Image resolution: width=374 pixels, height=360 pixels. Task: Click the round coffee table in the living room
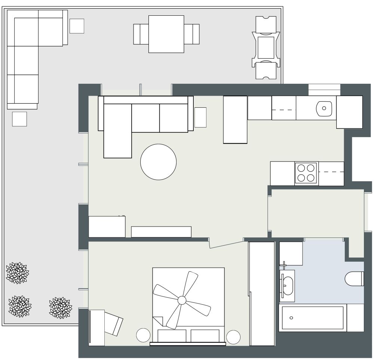pos(158,162)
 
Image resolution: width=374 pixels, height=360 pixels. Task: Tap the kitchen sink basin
pos(324,108)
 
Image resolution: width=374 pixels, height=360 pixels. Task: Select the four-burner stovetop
pos(306,173)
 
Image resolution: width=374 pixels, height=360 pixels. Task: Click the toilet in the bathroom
pos(354,279)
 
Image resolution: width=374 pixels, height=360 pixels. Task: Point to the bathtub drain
pos(291,318)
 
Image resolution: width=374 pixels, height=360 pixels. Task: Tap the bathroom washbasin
pos(287,285)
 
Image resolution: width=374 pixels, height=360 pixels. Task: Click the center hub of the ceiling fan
pos(182,300)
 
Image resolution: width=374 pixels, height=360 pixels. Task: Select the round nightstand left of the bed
pos(143,335)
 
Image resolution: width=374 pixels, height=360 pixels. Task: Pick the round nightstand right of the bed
pos(233,337)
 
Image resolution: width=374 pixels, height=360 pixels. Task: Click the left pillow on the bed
pos(172,335)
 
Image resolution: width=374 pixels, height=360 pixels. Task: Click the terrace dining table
pos(166,34)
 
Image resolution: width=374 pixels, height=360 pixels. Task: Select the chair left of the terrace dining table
pos(141,34)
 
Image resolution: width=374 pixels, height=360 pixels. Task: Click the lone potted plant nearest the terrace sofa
pos(17,272)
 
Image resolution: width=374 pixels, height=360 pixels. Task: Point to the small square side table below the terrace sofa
pos(19,119)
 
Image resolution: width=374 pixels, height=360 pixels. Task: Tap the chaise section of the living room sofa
pos(117,131)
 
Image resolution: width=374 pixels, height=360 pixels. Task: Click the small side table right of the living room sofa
pos(200,117)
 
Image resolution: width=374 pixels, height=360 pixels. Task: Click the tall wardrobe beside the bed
pos(262,293)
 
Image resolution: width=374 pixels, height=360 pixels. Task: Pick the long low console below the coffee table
pos(161,232)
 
